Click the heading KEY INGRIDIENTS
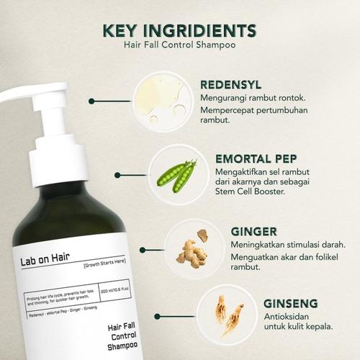tap(179, 31)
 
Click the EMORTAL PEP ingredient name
tap(256, 158)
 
